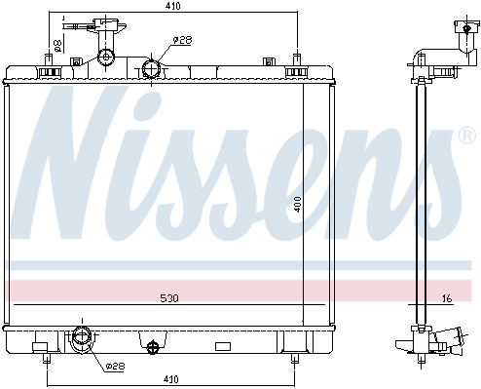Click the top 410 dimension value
[172, 6]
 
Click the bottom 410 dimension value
[171, 379]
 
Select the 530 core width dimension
[169, 297]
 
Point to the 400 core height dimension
[298, 204]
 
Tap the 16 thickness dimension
[448, 298]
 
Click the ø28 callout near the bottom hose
[115, 367]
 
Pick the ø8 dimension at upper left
[57, 46]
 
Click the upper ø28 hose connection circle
[151, 69]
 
